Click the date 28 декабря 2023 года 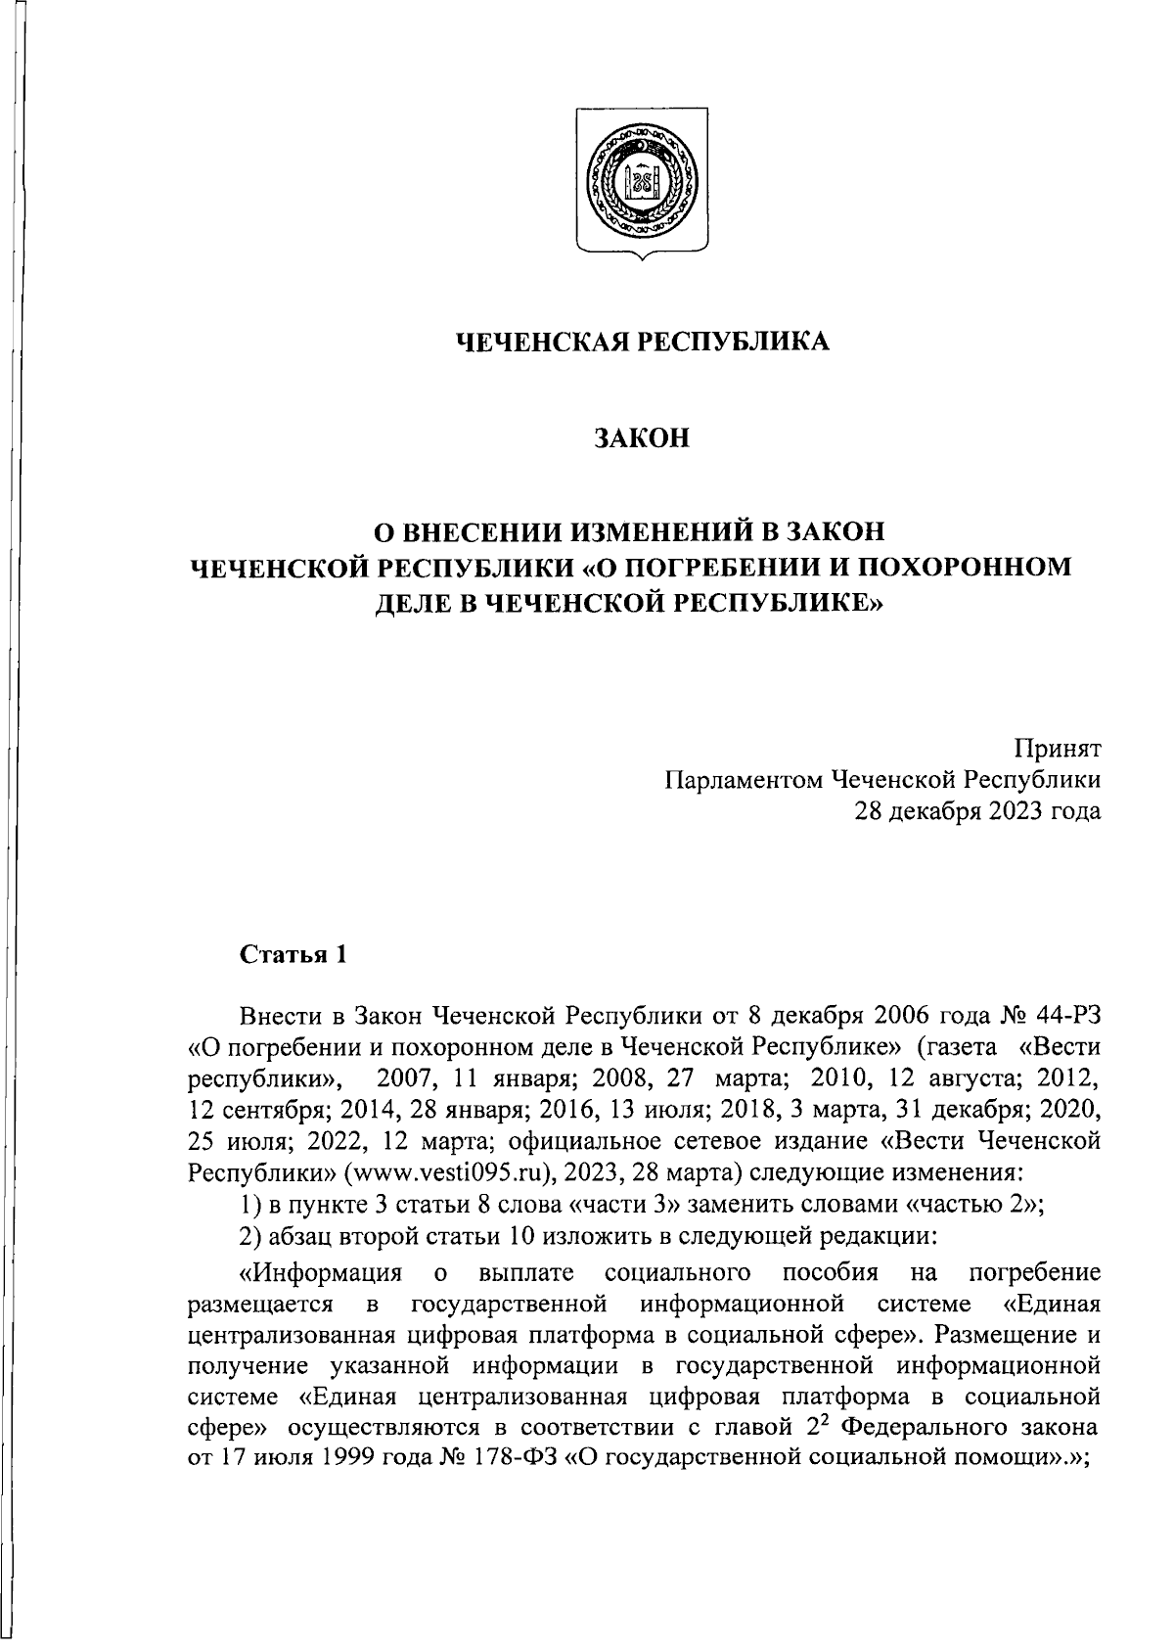coord(977,811)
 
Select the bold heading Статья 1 coord(293,954)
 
